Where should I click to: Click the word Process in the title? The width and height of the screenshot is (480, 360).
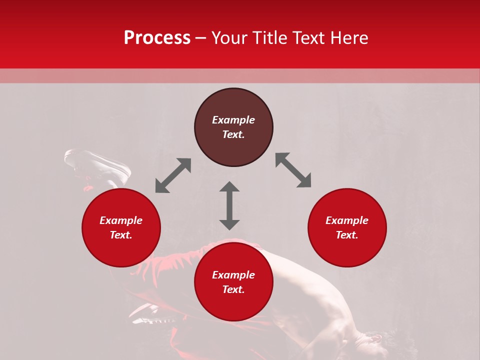pyautogui.click(x=157, y=38)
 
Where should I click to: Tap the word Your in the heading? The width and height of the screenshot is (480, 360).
pyautogui.click(x=229, y=38)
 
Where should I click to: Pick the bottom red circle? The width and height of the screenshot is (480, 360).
pyautogui.click(x=233, y=305)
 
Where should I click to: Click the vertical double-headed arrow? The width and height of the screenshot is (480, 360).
pyautogui.click(x=229, y=205)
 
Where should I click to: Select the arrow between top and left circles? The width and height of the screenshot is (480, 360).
pyautogui.click(x=173, y=175)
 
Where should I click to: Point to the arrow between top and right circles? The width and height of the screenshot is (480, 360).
pyautogui.click(x=293, y=170)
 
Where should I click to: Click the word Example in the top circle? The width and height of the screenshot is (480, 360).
pyautogui.click(x=233, y=120)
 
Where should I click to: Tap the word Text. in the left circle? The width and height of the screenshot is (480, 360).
pyautogui.click(x=121, y=235)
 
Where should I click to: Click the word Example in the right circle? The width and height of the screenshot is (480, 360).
pyautogui.click(x=347, y=220)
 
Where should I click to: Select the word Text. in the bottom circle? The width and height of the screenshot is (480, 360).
pyautogui.click(x=233, y=289)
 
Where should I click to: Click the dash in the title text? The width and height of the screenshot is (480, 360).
pyautogui.click(x=200, y=38)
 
